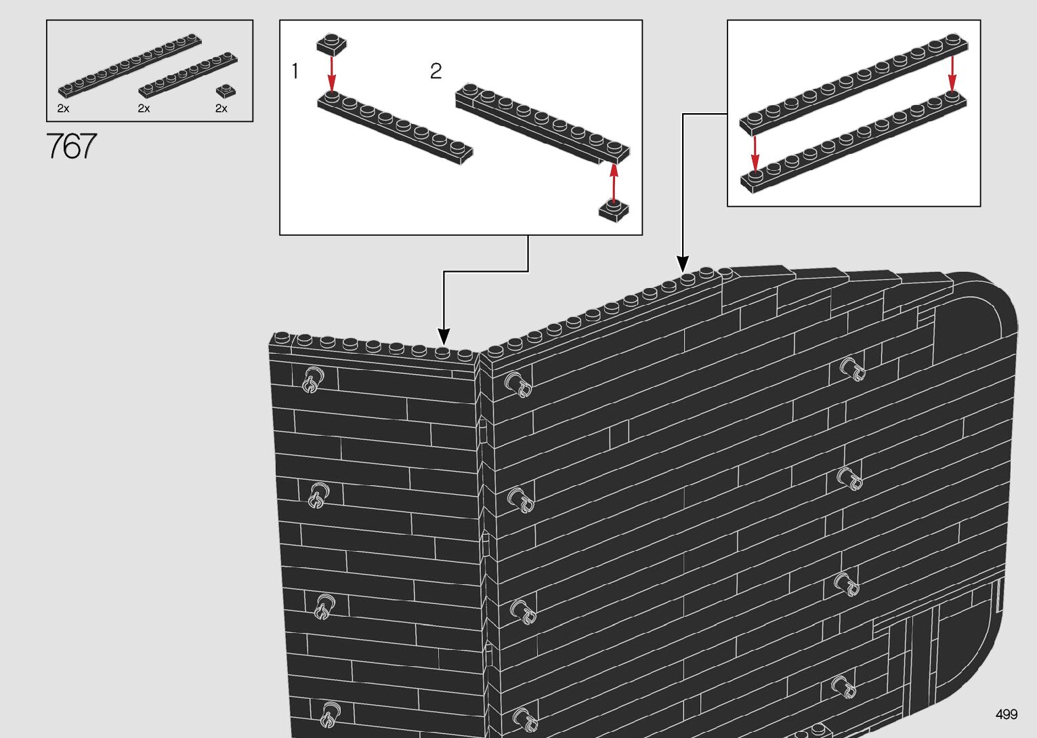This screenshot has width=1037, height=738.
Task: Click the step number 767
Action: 72,146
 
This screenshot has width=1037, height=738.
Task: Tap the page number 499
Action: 1007,714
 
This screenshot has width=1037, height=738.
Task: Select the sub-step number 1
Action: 295,71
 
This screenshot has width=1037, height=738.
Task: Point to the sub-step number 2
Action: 436,71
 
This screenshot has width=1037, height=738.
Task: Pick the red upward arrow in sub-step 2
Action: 614,184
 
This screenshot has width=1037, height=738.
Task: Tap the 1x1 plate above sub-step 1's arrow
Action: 332,45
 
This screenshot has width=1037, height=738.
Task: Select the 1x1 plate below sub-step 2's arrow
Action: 614,211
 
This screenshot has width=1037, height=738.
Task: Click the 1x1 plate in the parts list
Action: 226,91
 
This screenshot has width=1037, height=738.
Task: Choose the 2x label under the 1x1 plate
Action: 221,108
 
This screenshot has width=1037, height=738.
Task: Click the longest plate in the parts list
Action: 129,65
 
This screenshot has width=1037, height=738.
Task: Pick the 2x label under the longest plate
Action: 64,108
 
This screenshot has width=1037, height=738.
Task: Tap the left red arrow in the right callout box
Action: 755,153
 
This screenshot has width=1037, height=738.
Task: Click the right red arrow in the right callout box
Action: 952,74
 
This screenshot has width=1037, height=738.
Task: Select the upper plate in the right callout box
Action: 853,84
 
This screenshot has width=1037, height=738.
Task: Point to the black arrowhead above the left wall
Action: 444,337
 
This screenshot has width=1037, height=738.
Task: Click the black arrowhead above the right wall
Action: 683,264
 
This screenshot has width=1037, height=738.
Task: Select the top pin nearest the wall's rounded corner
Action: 852,370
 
